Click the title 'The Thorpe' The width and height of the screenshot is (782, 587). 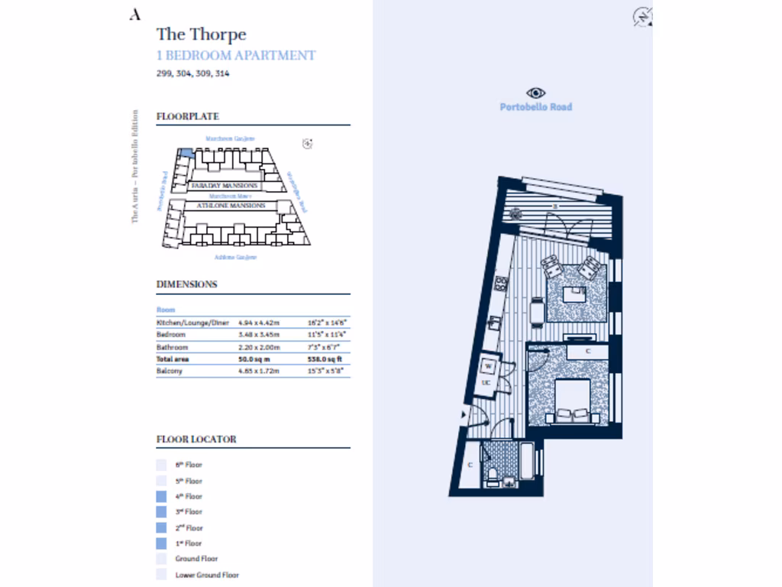click(x=201, y=34)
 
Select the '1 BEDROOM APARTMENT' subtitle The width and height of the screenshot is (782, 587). click(x=235, y=56)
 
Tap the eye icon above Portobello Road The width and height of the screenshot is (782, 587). click(x=536, y=92)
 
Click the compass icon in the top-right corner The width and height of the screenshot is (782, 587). click(x=642, y=17)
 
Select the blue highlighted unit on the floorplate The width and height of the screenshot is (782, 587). click(x=186, y=153)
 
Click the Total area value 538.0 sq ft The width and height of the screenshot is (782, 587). click(x=325, y=358)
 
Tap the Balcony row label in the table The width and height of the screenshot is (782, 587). click(x=170, y=371)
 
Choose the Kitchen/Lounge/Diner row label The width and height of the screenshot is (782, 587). click(x=192, y=323)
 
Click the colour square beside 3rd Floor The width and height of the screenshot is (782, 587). click(x=161, y=512)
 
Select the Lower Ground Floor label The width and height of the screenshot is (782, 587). click(x=208, y=575)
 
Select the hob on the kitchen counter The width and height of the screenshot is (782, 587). click(x=501, y=284)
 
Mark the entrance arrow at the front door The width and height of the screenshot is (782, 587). click(x=464, y=415)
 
